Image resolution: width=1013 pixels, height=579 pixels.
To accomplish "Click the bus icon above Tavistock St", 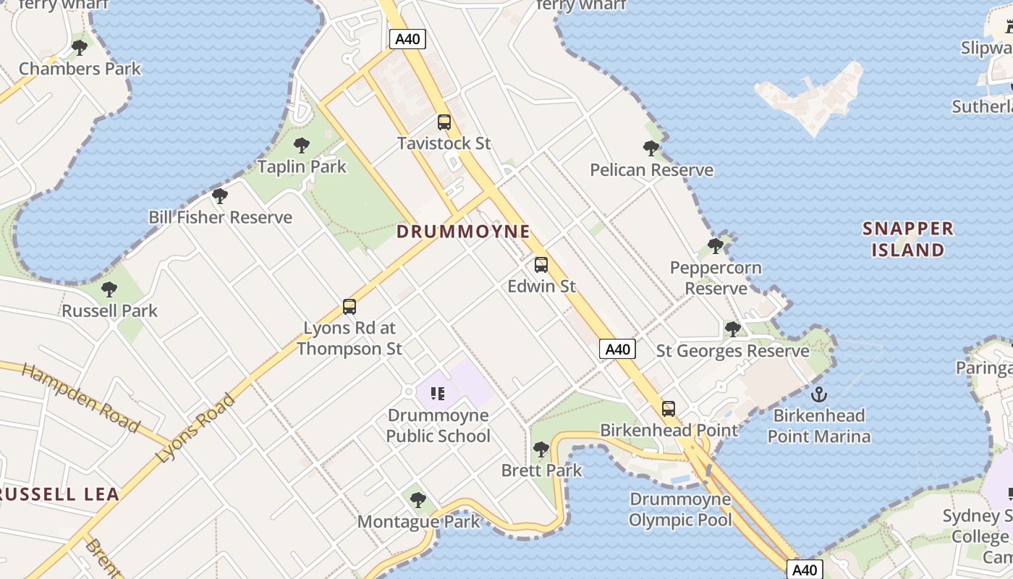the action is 444,122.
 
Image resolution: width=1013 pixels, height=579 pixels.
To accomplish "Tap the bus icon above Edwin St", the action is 541,265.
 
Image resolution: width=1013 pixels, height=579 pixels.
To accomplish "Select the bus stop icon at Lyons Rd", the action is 349,307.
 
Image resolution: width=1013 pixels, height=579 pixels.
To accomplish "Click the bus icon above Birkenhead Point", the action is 669,409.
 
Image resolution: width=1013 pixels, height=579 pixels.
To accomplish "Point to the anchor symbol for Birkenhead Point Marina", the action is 819,394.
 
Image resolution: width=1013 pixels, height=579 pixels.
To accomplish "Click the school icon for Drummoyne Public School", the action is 437,394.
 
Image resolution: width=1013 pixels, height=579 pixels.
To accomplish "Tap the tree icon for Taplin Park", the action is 302,145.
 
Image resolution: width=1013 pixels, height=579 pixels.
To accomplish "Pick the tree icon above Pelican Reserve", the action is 651,148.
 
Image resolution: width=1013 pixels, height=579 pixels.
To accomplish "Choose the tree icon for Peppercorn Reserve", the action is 716,246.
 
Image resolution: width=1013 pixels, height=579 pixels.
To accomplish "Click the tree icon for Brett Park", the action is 541,449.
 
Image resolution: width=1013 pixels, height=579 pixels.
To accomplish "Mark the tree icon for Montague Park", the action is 418,499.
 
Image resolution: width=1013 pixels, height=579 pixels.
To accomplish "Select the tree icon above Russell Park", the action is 109,289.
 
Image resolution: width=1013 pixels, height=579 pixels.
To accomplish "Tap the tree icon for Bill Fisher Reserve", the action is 220,196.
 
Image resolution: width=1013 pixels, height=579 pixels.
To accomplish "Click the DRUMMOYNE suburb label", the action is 464,232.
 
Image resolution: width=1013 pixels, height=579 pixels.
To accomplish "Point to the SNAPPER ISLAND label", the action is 908,240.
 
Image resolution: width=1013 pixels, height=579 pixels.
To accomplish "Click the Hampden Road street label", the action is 80,398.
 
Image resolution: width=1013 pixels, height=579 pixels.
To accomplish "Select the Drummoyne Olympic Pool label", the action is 680,510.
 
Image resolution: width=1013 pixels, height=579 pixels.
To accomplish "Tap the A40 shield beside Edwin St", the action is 617,350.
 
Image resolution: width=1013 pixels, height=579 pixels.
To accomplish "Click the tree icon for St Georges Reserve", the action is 732,329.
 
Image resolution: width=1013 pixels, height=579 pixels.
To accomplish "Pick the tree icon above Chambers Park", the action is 80,48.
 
